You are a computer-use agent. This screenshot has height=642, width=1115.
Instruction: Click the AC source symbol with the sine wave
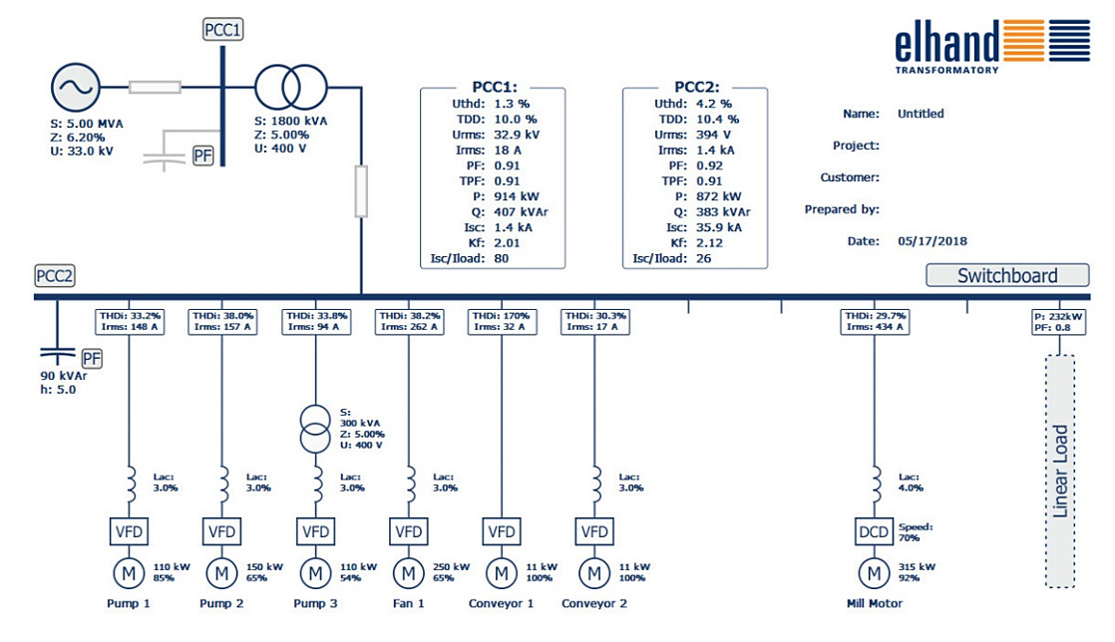(x=74, y=88)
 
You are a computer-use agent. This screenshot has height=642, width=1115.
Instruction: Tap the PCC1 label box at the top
(x=221, y=30)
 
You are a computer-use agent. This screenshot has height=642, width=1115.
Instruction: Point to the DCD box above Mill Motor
(x=875, y=531)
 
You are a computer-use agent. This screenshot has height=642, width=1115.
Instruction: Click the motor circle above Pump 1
(x=128, y=573)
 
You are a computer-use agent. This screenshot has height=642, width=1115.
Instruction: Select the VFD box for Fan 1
(x=408, y=531)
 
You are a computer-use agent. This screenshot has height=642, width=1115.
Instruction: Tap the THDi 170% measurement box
(x=502, y=321)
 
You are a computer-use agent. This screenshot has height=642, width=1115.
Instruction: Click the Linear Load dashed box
(x=1060, y=472)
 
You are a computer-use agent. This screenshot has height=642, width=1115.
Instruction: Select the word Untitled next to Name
(x=920, y=114)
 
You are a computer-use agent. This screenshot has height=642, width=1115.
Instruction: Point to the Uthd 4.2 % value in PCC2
(x=712, y=103)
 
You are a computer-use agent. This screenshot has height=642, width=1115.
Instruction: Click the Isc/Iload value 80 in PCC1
(x=503, y=258)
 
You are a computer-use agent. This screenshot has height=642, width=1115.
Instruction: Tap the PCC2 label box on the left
(x=54, y=276)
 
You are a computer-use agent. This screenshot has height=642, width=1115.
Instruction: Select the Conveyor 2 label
(x=594, y=603)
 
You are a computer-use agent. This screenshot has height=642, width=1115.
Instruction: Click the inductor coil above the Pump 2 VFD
(x=222, y=481)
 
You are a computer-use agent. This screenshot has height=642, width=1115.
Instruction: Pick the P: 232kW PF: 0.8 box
(x=1060, y=321)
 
